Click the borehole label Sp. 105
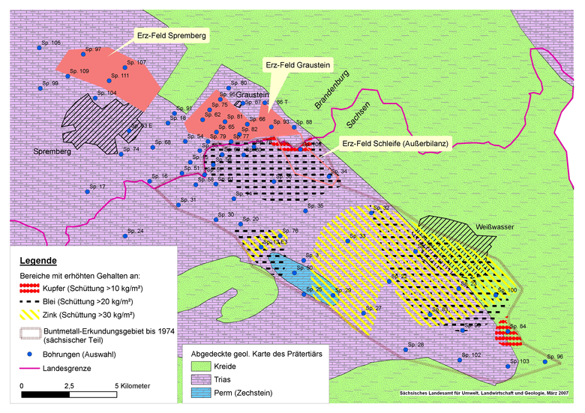(49, 43)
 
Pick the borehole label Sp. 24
(135, 230)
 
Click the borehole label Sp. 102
(472, 354)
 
